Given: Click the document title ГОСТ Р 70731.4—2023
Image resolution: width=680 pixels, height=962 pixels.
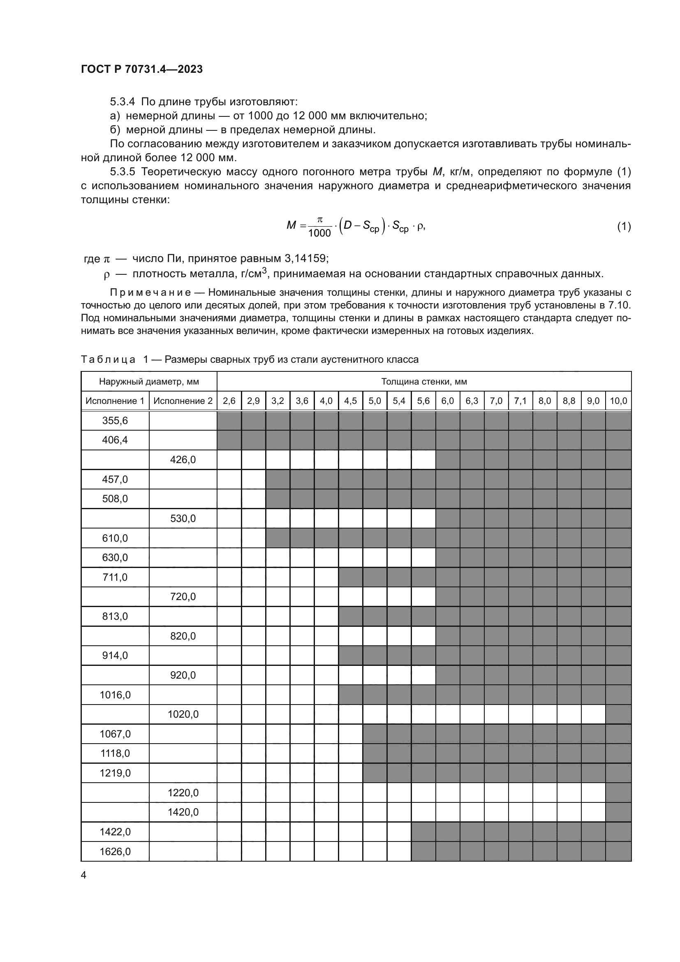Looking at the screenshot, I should [x=142, y=69].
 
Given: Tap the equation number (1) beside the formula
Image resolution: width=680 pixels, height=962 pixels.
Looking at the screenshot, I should [x=624, y=227].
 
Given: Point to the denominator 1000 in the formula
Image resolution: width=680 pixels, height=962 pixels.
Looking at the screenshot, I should [x=319, y=233].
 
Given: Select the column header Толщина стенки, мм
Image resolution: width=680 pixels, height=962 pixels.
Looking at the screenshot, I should [x=424, y=382].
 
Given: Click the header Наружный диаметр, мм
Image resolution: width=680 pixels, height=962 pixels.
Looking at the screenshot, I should [x=149, y=382].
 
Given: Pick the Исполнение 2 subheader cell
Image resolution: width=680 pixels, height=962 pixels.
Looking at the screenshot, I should [x=183, y=401].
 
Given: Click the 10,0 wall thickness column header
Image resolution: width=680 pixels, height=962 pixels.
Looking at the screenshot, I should [x=618, y=401].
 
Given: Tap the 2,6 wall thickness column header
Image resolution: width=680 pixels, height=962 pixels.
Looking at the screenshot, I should [x=229, y=401].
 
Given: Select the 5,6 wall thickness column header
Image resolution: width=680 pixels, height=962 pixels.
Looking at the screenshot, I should [x=423, y=401].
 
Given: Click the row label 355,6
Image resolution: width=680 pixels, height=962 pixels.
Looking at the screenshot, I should [x=115, y=421].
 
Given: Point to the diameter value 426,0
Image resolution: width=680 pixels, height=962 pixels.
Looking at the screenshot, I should [x=183, y=460].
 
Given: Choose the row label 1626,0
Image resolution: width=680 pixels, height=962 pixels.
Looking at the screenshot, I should [x=115, y=852].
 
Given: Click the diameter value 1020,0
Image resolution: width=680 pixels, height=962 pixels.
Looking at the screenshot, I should [x=183, y=714].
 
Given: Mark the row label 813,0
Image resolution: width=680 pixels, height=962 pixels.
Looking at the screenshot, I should [x=115, y=617].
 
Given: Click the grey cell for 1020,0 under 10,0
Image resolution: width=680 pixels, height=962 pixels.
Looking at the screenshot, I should [x=618, y=714].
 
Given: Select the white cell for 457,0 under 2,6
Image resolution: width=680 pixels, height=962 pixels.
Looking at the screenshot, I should [x=229, y=479].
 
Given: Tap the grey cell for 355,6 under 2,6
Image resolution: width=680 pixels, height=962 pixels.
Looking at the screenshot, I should [x=229, y=421].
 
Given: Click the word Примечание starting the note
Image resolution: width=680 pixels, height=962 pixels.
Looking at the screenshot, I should [x=150, y=292].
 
